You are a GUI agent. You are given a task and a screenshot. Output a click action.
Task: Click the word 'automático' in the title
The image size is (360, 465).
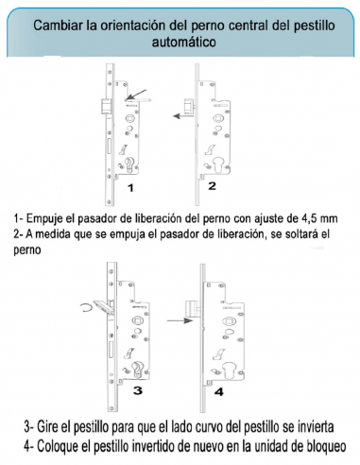(x=183, y=42)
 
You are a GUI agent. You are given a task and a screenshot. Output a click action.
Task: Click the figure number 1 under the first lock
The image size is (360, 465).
(x=130, y=188)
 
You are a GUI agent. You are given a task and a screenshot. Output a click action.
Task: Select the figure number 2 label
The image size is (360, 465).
(x=212, y=186)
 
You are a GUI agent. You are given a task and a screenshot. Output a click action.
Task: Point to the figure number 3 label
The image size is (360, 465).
(x=138, y=390)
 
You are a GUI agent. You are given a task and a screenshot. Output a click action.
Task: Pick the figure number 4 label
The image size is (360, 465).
(x=219, y=392)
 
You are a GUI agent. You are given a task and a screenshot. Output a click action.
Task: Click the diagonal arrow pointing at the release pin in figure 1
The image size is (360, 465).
(x=136, y=95)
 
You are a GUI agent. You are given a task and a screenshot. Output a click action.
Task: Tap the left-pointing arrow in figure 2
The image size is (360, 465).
(x=183, y=116)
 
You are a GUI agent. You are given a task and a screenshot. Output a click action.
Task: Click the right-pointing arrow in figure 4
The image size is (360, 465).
(x=180, y=320)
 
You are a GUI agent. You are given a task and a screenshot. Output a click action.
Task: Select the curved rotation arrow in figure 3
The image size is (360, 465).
(x=82, y=308)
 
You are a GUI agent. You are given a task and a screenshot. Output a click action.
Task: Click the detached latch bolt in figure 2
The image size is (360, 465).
(x=189, y=106)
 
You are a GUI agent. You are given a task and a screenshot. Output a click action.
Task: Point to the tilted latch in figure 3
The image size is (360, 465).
(x=104, y=307)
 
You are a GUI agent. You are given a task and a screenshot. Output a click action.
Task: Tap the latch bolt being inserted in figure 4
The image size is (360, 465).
(x=192, y=309)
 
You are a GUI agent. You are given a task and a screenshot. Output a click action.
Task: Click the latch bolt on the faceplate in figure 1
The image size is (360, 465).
(x=106, y=107)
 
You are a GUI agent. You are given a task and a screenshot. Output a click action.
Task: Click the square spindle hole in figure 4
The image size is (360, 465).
(x=228, y=321)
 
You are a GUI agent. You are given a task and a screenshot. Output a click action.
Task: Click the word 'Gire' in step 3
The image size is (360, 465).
(x=47, y=427)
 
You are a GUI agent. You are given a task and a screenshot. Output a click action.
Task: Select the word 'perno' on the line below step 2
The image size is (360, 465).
(x=27, y=250)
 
